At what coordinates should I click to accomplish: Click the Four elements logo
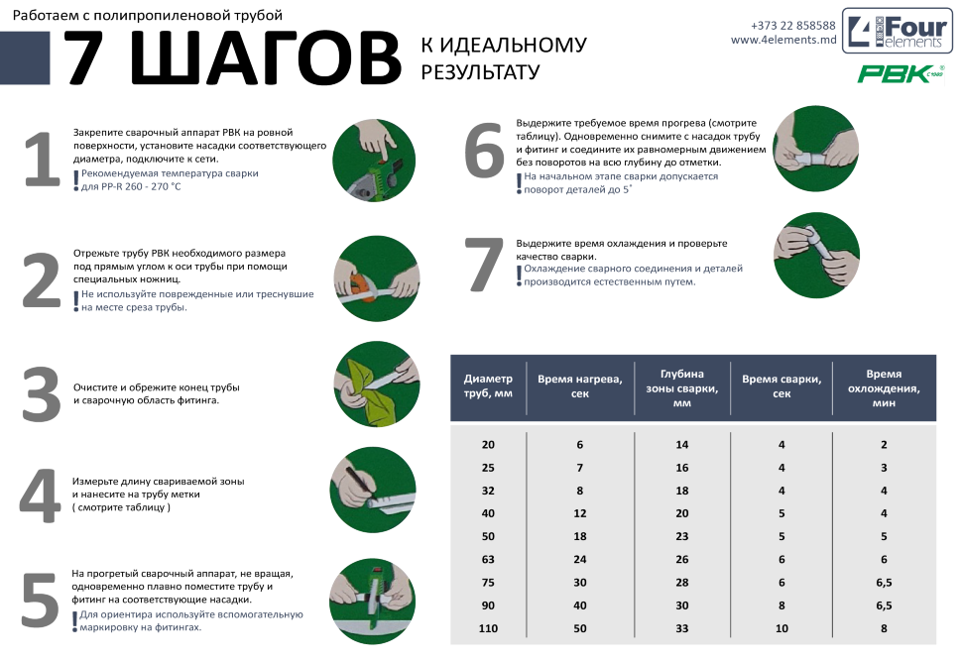coord(897,32)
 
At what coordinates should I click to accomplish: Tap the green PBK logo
coord(901,73)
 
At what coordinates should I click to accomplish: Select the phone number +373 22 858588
coord(792,26)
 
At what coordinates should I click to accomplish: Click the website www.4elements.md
coord(783,40)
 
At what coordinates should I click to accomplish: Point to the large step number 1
coord(42,159)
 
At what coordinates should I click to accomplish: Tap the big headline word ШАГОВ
coord(266,57)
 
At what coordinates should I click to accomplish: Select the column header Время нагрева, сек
coord(580,386)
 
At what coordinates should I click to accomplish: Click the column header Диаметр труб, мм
coord(488,386)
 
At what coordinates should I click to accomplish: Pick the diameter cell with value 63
coord(488,560)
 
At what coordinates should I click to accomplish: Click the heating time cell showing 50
coord(580,628)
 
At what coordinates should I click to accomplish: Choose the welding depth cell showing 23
coord(681,536)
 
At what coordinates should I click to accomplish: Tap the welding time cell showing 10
coord(782,628)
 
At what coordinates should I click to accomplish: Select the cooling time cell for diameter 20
coord(884,445)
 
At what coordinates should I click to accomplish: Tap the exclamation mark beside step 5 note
coord(74,621)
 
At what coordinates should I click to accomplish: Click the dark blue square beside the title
coord(25,58)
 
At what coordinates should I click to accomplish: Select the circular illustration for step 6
coord(815,149)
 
